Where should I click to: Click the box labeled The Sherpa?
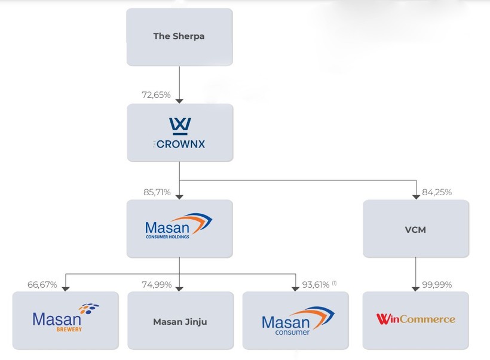[179, 36]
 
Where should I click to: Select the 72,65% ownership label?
[156, 95]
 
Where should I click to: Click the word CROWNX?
[180, 144]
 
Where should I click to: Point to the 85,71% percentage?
[156, 192]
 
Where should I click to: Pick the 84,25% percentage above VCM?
[437, 192]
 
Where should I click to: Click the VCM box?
[415, 229]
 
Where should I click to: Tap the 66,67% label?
[42, 284]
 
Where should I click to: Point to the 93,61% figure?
[316, 284]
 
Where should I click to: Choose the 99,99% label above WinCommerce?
[437, 284]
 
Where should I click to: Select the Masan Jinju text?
[179, 321]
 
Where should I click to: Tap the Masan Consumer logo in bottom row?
[298, 321]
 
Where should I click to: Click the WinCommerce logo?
[415, 319]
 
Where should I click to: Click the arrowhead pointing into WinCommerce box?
[416, 288]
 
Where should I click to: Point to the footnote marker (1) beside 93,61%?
[334, 282]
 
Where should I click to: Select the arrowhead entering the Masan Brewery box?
[65, 288]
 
